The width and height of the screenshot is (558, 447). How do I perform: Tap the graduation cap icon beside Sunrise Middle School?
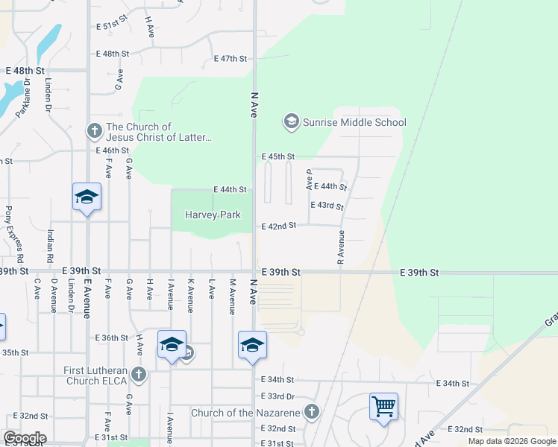[290, 121]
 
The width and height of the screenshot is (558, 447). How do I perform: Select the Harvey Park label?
[213, 215]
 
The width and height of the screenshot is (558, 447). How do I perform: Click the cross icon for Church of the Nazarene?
[312, 412]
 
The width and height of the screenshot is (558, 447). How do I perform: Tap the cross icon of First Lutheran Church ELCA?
[137, 374]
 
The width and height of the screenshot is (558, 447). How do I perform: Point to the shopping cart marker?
[383, 408]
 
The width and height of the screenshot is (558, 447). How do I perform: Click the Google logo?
[25, 438]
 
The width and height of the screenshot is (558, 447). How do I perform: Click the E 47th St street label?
[230, 58]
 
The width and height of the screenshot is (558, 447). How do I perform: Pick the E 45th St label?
[278, 156]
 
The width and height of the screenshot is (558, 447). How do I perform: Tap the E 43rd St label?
[327, 206]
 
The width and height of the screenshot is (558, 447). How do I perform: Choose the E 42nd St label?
[278, 225]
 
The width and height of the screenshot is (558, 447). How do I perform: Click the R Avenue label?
[341, 247]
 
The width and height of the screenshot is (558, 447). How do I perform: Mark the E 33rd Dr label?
[278, 396]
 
